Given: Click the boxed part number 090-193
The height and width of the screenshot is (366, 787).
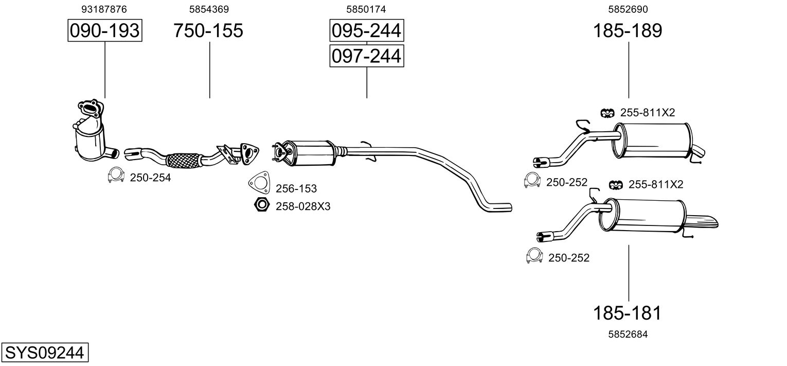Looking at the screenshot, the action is (105, 30).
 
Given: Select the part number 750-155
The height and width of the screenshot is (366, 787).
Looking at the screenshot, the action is (208, 30).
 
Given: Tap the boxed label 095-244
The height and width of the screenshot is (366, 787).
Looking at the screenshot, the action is (366, 30).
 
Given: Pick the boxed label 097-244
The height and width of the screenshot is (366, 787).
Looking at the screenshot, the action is (366, 56).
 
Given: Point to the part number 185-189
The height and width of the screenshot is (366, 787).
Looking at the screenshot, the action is (628, 30).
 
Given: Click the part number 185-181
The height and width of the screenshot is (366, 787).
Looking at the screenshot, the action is (627, 312).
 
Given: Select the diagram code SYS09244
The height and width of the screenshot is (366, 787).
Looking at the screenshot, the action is (45, 352).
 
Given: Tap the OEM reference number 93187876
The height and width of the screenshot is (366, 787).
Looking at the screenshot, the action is (104, 9).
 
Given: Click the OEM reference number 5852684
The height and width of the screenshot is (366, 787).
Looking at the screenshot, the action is (628, 334).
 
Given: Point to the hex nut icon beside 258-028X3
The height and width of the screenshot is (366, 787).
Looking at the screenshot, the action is (262, 204).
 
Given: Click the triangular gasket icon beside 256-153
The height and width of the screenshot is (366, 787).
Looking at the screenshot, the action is (259, 183).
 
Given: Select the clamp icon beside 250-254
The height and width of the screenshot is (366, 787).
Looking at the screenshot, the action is (116, 175).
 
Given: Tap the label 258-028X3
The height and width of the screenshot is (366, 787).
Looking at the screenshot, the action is (303, 206).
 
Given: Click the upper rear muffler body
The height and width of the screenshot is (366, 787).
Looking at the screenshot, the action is (653, 141).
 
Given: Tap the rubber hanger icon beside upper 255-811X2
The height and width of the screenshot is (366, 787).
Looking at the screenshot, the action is (607, 113).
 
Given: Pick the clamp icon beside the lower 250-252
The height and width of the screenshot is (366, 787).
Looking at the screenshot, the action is (534, 256).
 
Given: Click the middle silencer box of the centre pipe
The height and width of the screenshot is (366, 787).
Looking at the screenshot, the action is (309, 153).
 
